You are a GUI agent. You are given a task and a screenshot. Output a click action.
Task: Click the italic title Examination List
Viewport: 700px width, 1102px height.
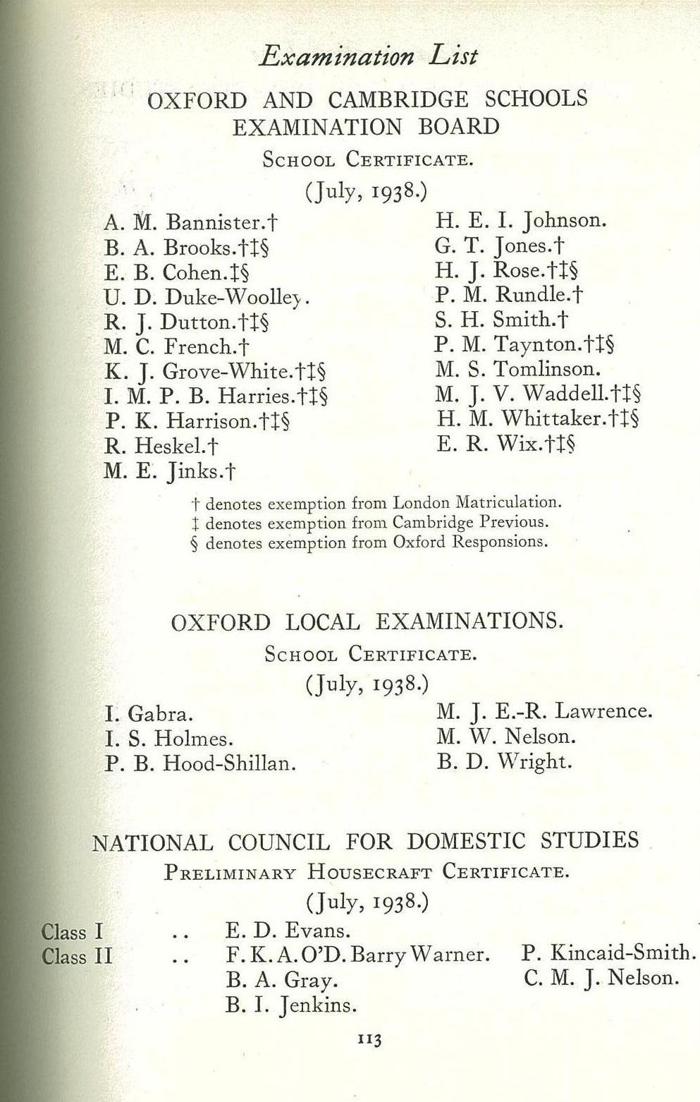[x=368, y=56]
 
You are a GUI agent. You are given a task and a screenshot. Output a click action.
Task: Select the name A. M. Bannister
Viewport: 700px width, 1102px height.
[x=190, y=224]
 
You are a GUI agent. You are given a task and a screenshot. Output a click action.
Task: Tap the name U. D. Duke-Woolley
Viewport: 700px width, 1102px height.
[x=206, y=298]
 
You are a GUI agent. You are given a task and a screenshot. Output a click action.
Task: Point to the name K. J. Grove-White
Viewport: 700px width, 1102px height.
[x=214, y=372]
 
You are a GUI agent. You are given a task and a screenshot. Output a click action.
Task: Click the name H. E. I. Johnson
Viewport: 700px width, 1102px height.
[x=520, y=221]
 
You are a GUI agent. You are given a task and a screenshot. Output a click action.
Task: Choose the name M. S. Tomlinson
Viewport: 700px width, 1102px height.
[x=517, y=369]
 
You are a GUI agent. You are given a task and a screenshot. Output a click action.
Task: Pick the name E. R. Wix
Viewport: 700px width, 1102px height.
[x=505, y=444]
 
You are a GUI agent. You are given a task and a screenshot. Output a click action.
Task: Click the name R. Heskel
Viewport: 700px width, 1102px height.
[x=161, y=446]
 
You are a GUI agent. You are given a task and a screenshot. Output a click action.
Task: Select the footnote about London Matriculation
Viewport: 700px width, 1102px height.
[x=376, y=504]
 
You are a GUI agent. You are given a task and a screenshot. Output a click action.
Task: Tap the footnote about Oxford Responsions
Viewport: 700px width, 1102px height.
[x=369, y=543]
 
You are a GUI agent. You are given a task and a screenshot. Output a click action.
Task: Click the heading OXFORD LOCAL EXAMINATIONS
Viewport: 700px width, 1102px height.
[x=367, y=622]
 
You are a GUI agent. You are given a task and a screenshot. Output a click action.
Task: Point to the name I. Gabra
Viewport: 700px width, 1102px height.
[x=149, y=714]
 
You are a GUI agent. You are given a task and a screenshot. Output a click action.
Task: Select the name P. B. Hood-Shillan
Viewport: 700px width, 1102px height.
[x=200, y=763]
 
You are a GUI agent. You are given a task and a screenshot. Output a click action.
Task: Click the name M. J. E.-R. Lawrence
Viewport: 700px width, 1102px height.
[x=544, y=711]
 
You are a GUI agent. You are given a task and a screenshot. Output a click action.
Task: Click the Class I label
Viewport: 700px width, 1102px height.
[x=73, y=932]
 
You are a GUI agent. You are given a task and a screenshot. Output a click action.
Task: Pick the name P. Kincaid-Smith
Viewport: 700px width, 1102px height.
[x=608, y=953]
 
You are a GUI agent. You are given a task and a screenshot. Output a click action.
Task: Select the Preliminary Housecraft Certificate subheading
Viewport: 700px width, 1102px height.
[x=366, y=872]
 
